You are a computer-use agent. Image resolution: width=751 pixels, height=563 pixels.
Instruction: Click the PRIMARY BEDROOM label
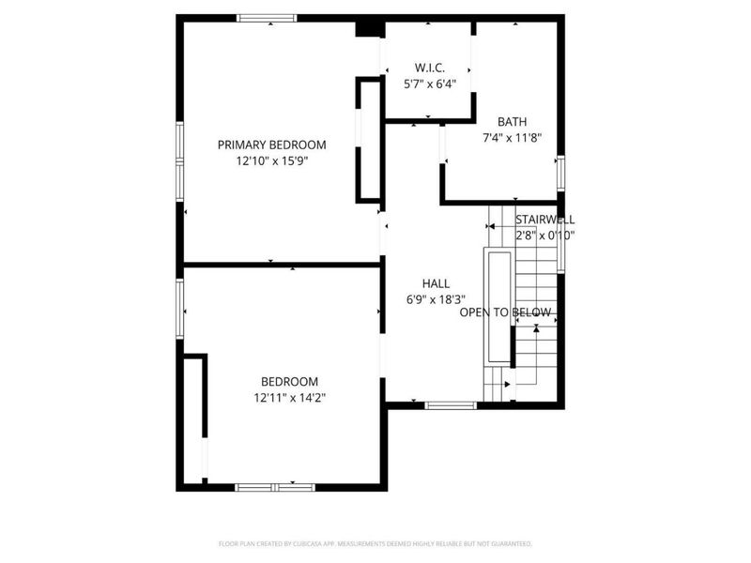click(271, 145)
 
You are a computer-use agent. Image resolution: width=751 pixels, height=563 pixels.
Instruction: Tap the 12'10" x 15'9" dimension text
click(271, 160)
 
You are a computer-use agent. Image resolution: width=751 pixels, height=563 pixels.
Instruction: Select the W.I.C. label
click(429, 68)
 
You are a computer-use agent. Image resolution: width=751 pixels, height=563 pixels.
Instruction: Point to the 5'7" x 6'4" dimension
click(429, 84)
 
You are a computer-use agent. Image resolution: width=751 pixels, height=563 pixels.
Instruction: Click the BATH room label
click(512, 121)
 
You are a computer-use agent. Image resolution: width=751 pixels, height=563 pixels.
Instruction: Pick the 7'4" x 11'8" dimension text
click(512, 137)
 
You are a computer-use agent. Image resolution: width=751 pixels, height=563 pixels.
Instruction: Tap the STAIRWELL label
click(544, 219)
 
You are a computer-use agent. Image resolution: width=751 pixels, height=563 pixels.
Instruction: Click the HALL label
click(436, 283)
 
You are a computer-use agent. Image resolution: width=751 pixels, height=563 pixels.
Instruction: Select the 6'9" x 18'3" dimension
click(436, 299)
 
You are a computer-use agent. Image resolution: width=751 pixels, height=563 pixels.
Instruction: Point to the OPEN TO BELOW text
click(505, 312)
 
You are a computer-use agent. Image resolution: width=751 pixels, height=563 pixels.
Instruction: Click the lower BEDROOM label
click(289, 381)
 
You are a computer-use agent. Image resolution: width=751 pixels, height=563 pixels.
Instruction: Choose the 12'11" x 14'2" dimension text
click(289, 397)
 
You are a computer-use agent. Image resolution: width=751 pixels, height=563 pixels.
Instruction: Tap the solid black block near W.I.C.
click(369, 27)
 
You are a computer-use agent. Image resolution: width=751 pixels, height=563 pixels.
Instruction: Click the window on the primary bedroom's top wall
click(267, 17)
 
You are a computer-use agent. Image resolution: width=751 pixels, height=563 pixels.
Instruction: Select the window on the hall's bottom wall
click(451, 404)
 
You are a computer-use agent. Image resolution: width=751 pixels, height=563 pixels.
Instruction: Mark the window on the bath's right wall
click(560, 174)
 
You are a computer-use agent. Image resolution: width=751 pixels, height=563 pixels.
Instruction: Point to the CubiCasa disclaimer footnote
click(375, 543)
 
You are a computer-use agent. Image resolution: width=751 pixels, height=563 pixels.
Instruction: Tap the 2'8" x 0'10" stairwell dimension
click(544, 236)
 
